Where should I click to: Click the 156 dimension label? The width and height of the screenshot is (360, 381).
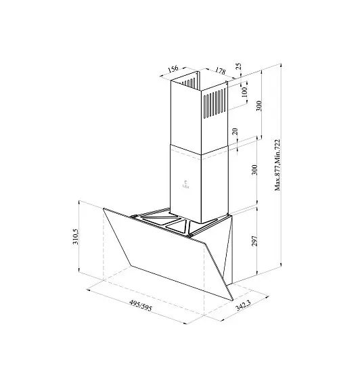click(x=173, y=68)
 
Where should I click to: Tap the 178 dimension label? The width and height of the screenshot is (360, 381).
click(x=220, y=70)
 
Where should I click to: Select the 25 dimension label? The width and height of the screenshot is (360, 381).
click(x=239, y=66)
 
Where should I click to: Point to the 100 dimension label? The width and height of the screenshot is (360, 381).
click(x=244, y=92)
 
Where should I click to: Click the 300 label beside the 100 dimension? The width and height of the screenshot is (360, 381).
click(x=259, y=106)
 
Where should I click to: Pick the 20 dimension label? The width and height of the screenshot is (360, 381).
click(x=235, y=132)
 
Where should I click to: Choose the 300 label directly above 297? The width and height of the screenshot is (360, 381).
click(x=254, y=170)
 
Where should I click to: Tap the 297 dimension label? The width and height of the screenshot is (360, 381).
click(x=254, y=241)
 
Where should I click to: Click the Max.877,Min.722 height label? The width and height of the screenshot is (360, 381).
click(x=277, y=165)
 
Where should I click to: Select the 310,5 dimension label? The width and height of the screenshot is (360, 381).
click(x=76, y=236)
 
